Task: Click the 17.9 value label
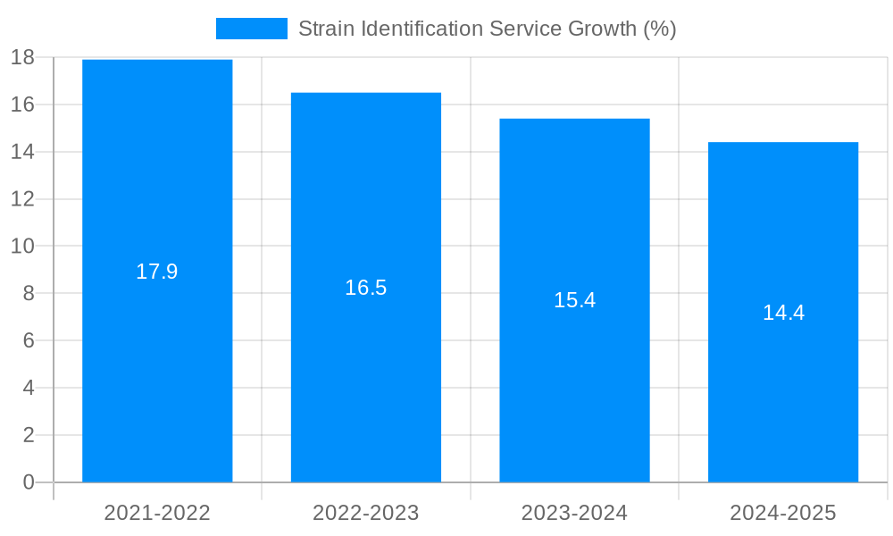point(157,272)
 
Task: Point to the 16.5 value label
point(366,288)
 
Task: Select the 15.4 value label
point(574,300)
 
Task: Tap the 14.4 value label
point(783,313)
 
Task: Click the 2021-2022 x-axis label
point(157,513)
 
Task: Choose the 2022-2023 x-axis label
point(366,513)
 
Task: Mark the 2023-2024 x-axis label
point(574,513)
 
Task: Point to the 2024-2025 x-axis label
point(783,513)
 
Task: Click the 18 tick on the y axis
point(22,58)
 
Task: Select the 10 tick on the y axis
point(22,247)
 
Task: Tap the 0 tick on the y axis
point(28,482)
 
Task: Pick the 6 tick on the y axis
point(28,340)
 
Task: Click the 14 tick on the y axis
point(22,152)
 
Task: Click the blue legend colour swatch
point(252,29)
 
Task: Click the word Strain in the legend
point(323,29)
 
